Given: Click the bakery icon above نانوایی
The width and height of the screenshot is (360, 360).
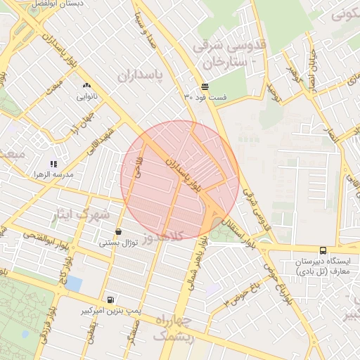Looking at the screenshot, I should (x=86, y=85).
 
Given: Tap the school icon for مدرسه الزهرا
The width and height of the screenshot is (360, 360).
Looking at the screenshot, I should (x=53, y=163).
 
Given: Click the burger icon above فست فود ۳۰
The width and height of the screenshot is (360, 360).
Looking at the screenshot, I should (x=204, y=86).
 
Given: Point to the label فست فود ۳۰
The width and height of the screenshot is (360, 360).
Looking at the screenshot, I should (x=205, y=96).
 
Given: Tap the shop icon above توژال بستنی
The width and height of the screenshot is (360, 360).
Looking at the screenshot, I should (x=117, y=232).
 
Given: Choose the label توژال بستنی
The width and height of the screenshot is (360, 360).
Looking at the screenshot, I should (x=117, y=243).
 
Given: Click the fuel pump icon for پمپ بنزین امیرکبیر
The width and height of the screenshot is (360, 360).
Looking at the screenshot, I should (x=109, y=300).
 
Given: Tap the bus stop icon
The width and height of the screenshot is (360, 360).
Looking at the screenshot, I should (x=323, y=250).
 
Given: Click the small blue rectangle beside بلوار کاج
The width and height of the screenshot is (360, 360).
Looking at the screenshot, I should (x=73, y=283).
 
